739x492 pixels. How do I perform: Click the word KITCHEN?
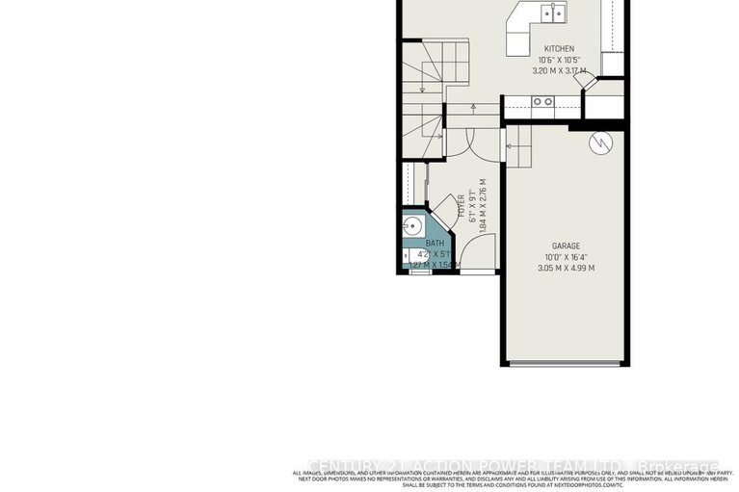pos(559,48)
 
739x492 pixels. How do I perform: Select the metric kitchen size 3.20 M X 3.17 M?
pos(559,70)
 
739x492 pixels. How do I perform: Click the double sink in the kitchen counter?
pos(553,13)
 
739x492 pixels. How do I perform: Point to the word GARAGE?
pos(566,246)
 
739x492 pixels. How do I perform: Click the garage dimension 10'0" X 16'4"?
pos(566,257)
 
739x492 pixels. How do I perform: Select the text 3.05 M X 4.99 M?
pos(566,268)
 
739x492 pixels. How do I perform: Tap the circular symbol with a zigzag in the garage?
pos(601,142)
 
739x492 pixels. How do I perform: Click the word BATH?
pos(435,244)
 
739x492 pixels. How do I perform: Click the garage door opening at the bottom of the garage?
pos(566,363)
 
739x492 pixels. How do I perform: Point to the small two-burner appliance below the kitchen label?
pos(543,100)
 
